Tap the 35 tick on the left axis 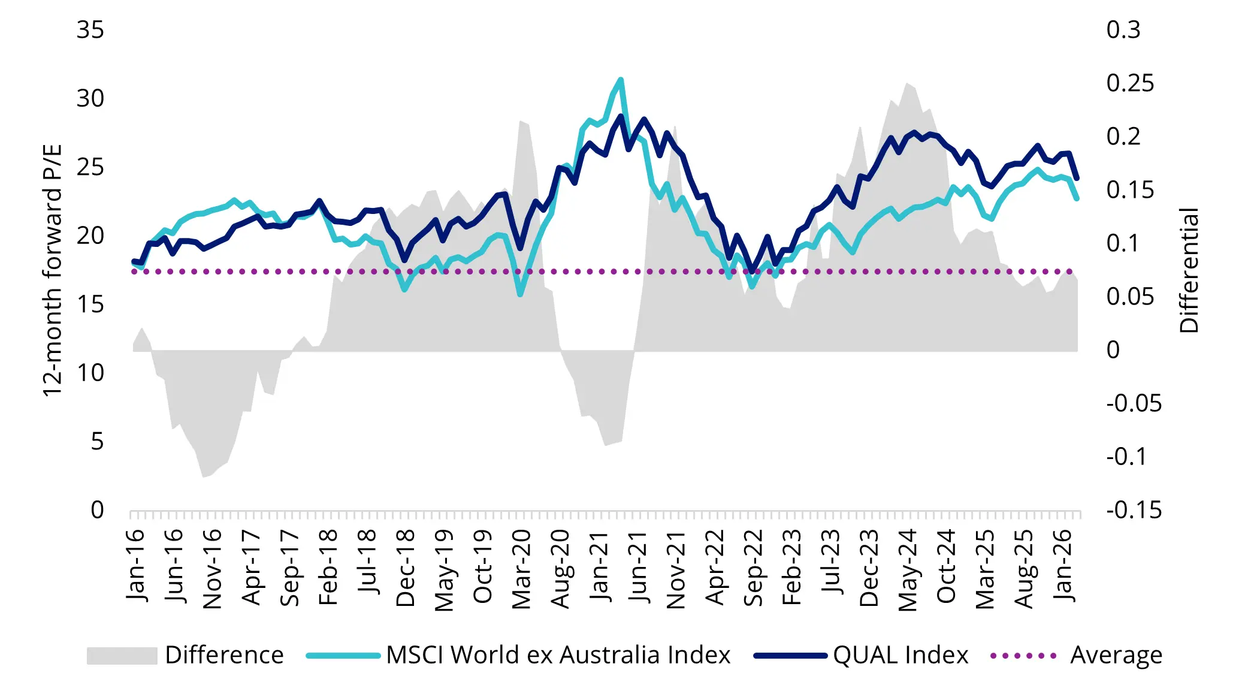coord(90,30)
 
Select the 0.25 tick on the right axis coord(1130,83)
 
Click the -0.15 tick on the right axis coord(1134,510)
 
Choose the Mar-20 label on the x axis coord(522,568)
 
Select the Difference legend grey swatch coord(122,656)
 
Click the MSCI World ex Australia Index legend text coord(558,655)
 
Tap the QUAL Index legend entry coord(900,655)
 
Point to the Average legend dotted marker coord(1023,656)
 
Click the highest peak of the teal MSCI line coord(621,80)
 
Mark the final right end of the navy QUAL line coord(1077,179)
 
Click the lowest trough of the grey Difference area coord(204,476)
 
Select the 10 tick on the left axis coord(90,373)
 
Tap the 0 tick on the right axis coord(1113,350)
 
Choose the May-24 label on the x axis coord(908,569)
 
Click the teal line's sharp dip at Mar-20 coord(520,294)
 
